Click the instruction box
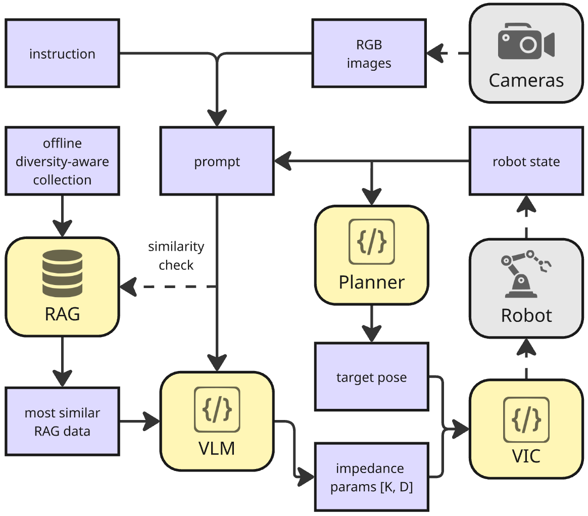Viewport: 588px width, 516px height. (x=62, y=54)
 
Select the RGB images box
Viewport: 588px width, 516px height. (x=369, y=54)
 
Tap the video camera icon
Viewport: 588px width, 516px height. (x=526, y=44)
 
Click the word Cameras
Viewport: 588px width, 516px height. (x=526, y=80)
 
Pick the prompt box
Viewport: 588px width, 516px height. (x=217, y=162)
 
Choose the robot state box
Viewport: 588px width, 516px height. (x=526, y=162)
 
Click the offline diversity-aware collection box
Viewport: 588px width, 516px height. (x=62, y=162)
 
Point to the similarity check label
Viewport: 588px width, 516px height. (x=176, y=256)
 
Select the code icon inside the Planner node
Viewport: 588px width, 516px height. (x=371, y=242)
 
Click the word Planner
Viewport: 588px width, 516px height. (x=371, y=282)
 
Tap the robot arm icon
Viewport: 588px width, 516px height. (x=526, y=273)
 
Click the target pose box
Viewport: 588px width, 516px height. (x=371, y=377)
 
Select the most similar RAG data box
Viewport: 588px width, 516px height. (x=62, y=421)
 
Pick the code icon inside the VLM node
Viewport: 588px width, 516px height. (x=217, y=409)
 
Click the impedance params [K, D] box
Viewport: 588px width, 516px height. (x=371, y=476)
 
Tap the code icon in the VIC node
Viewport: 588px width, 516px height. (x=526, y=419)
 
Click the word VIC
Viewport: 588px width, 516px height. (x=526, y=455)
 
